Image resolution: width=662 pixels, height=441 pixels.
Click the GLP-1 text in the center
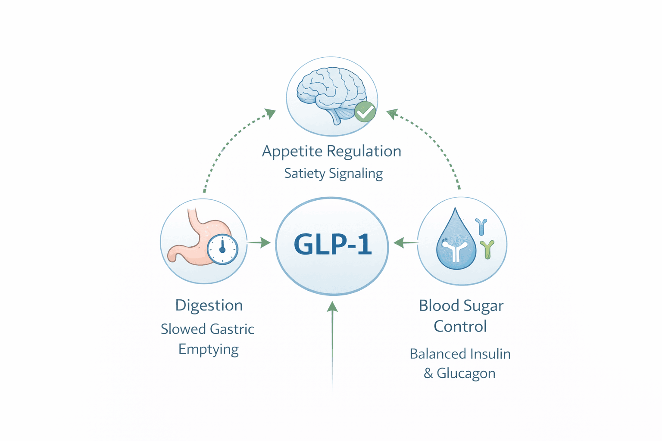click(x=332, y=245)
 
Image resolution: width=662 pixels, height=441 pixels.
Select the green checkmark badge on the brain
click(x=365, y=112)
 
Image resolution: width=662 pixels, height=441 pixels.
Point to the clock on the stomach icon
click(x=222, y=249)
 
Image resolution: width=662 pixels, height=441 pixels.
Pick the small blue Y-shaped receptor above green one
click(x=481, y=227)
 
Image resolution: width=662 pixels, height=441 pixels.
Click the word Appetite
click(x=292, y=152)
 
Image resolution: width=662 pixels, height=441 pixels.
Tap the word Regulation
click(x=364, y=152)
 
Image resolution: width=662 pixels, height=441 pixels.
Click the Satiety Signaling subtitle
click(x=333, y=174)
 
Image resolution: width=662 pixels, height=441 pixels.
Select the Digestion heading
click(x=209, y=305)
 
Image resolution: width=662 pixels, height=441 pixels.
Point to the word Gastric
click(x=232, y=329)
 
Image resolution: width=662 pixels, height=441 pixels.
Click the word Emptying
click(x=209, y=349)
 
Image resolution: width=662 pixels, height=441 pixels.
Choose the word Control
click(x=460, y=326)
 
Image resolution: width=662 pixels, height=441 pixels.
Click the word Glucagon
click(x=466, y=373)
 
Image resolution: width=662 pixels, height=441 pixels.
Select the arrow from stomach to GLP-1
click(x=260, y=243)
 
